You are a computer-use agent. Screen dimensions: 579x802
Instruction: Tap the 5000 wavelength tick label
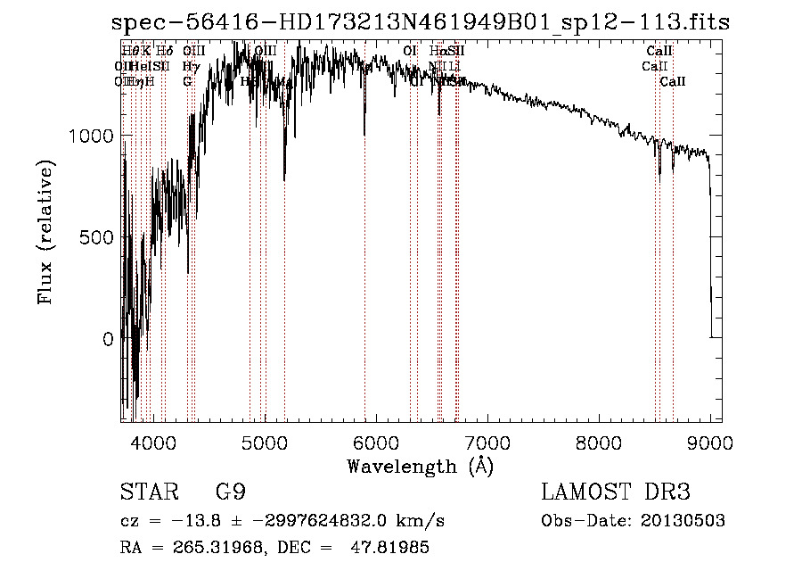(265, 440)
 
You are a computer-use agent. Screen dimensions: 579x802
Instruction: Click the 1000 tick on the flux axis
(91, 136)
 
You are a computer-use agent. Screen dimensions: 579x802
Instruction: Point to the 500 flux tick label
(98, 237)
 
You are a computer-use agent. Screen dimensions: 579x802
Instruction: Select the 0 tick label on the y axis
(109, 339)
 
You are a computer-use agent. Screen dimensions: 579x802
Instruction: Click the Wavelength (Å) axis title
(420, 466)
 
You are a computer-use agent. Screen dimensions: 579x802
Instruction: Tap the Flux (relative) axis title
(45, 232)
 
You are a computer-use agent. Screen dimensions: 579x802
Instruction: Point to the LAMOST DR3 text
(615, 492)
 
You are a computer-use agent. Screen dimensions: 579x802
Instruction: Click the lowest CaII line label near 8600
(673, 81)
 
